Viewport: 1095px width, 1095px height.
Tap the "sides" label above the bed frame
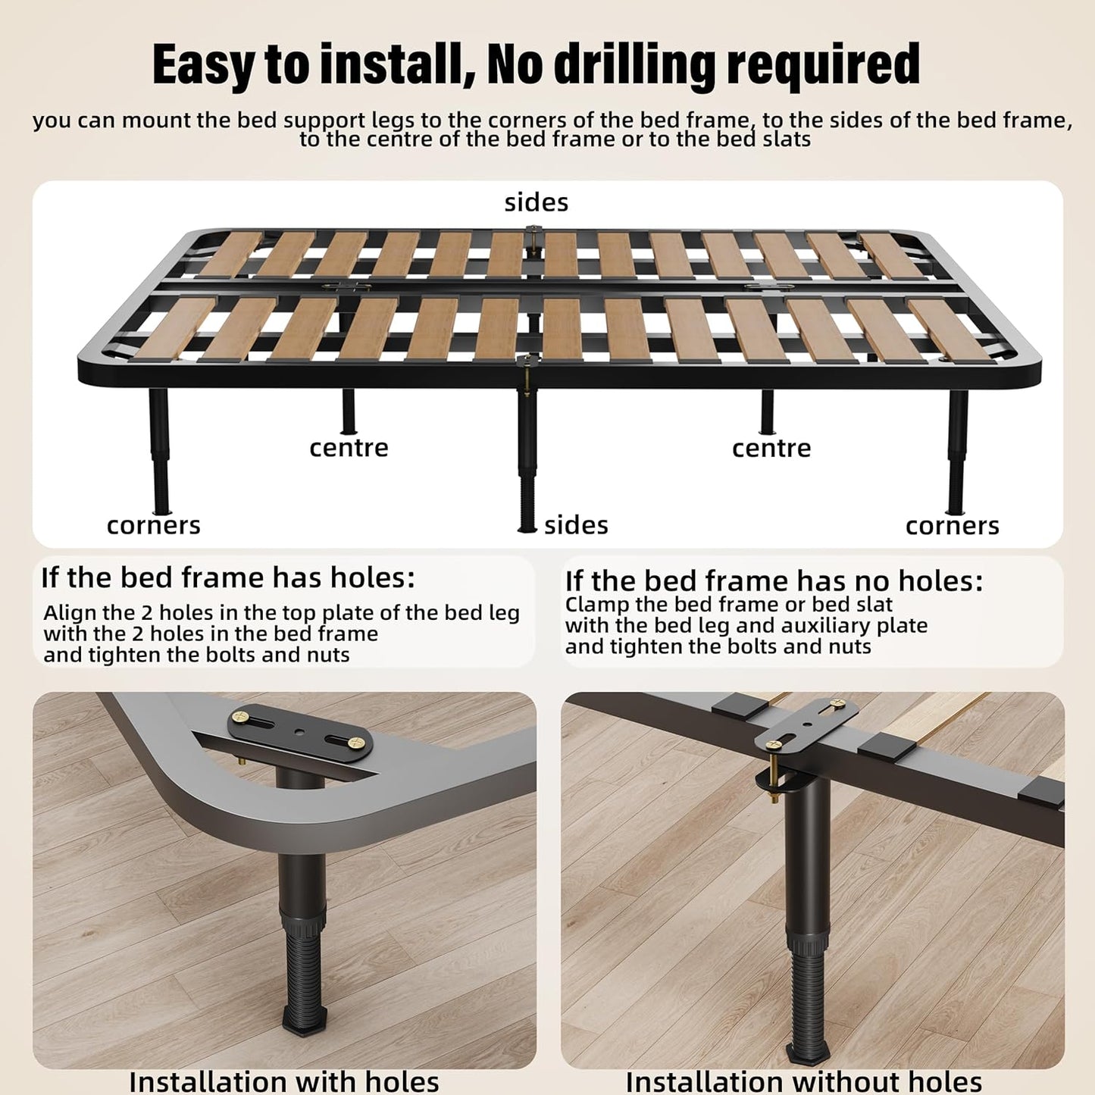pos(537,203)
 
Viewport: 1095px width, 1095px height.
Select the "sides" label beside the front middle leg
pos(576,525)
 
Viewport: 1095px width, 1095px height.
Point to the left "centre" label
pos(349,449)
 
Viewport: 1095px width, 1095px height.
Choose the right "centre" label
pos(771,449)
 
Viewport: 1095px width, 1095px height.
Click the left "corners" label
pos(153,526)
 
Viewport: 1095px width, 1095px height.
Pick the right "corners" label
pos(953,526)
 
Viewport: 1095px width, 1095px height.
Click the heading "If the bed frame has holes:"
pos(228,578)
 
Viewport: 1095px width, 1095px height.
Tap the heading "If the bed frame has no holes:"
pos(774,580)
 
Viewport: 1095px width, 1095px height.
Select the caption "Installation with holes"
pos(284,1081)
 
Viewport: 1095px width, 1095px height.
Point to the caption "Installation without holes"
pos(803,1081)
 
